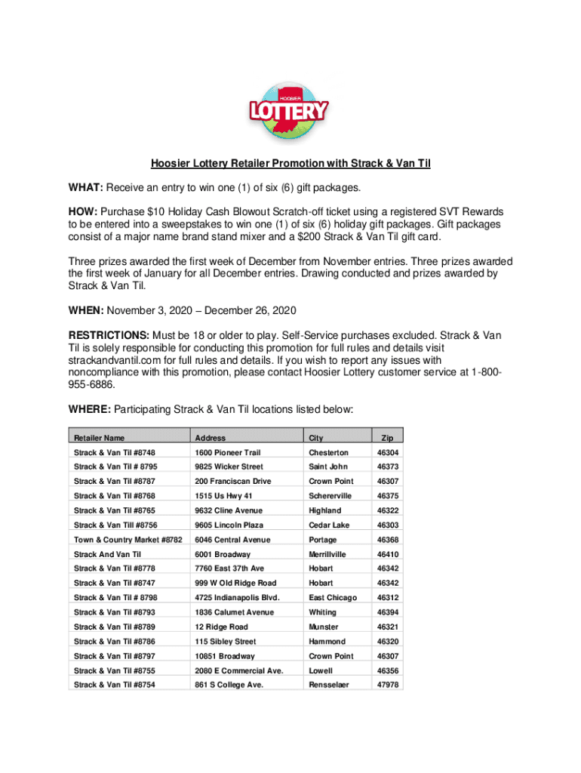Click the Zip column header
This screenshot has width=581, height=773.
(x=387, y=437)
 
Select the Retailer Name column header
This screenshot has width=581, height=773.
(x=99, y=438)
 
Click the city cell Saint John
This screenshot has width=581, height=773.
(x=327, y=467)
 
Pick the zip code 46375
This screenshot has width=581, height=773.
(x=388, y=496)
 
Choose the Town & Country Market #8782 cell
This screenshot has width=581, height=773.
(x=128, y=540)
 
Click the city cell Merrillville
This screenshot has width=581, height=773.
(x=327, y=554)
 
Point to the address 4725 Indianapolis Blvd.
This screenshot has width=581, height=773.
(x=237, y=598)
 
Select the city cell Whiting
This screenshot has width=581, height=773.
(x=322, y=612)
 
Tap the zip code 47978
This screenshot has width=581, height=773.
(x=388, y=685)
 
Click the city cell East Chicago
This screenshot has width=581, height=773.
(x=332, y=598)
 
